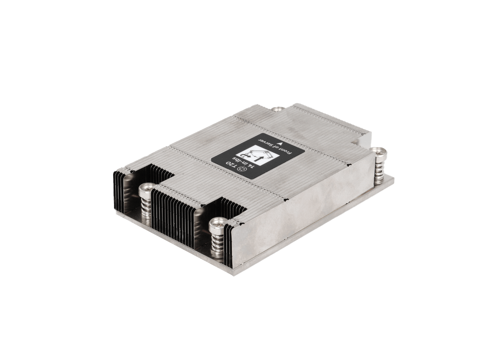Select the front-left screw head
click(146, 190)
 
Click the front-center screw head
click(217, 223)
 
